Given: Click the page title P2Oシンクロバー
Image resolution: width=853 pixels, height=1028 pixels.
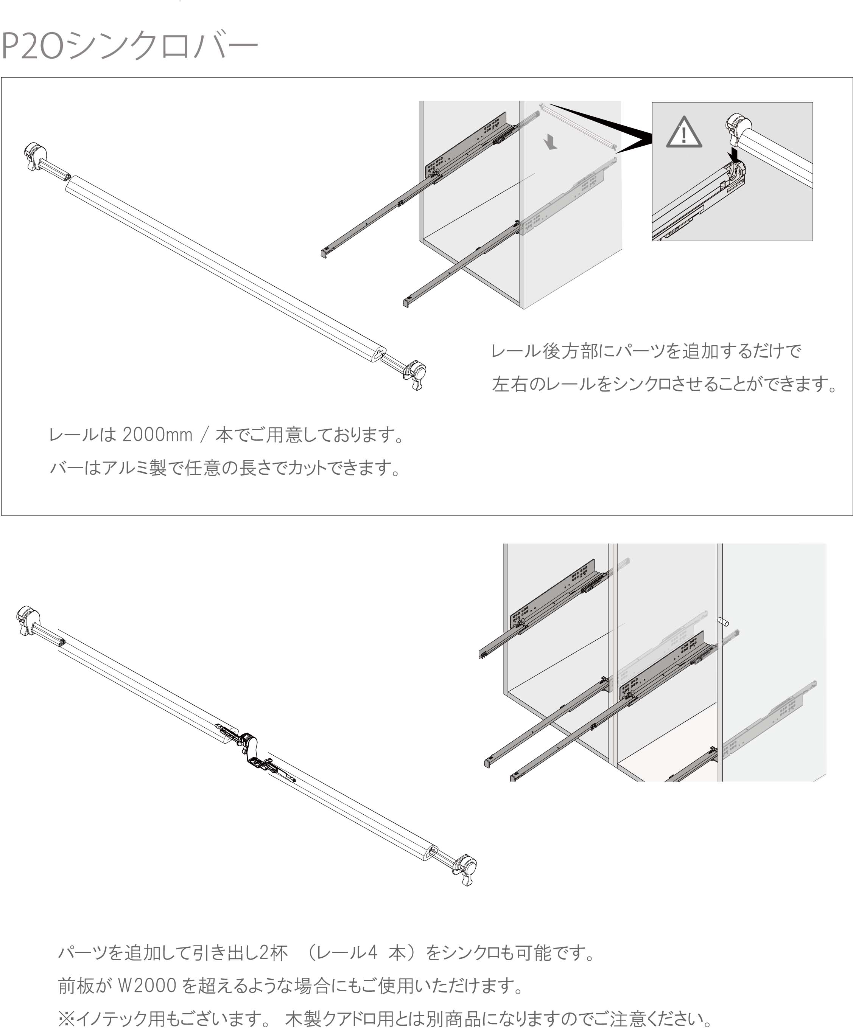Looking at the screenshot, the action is click(x=129, y=45).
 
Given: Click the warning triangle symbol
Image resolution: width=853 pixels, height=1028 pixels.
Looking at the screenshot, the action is click(x=684, y=132).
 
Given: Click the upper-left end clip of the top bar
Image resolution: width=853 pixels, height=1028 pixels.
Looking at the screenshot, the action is click(x=34, y=156).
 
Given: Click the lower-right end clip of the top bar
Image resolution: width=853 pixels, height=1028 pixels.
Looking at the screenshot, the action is click(x=415, y=375).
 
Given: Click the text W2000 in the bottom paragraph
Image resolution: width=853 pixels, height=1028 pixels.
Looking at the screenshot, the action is click(x=147, y=985).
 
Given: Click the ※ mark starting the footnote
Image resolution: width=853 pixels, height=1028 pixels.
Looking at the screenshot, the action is click(x=67, y=1019).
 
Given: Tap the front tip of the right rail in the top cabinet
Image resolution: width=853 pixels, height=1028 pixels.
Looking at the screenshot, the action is click(x=406, y=303).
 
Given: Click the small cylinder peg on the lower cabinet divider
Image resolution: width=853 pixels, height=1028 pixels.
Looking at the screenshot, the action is click(x=723, y=622).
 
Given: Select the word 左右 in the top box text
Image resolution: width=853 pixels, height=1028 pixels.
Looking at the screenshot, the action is click(x=509, y=384).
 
